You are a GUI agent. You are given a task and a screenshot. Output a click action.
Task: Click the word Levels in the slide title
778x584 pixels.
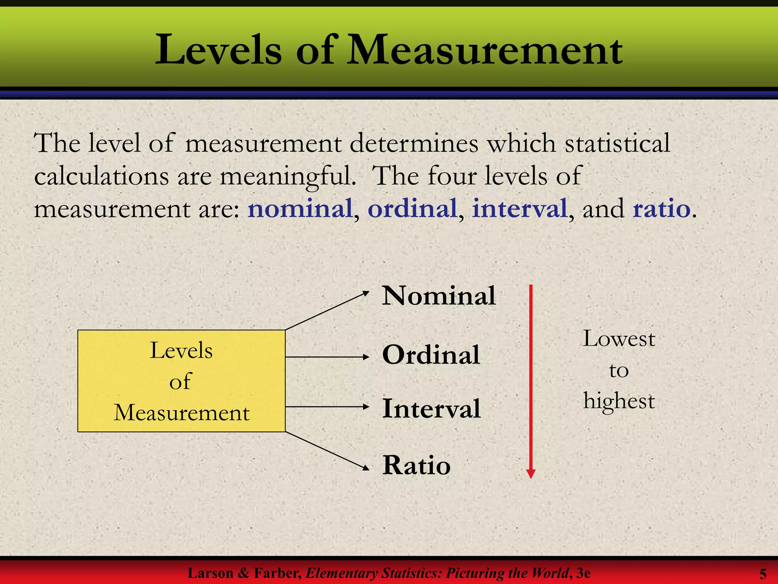coord(218,51)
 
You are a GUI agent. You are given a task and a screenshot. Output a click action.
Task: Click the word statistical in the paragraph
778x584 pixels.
coord(617,143)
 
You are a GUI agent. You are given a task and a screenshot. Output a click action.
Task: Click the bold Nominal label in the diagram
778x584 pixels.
coord(439,295)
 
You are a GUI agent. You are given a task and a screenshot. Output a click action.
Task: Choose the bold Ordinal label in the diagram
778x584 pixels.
coord(431,355)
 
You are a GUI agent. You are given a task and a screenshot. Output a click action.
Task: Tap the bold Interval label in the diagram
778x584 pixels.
coord(432,408)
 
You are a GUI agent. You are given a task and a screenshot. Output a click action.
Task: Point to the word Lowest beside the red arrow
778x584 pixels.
coord(619,338)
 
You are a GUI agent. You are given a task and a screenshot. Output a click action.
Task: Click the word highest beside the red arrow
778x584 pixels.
coord(619,401)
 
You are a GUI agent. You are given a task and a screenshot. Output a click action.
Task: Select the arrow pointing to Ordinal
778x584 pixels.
coord(327,357)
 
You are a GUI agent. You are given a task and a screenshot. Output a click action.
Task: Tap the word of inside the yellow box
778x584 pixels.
coord(180,381)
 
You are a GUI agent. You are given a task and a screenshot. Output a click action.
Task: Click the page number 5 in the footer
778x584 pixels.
coord(762,573)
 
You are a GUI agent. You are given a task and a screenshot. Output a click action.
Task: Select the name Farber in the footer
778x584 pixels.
coord(278,573)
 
